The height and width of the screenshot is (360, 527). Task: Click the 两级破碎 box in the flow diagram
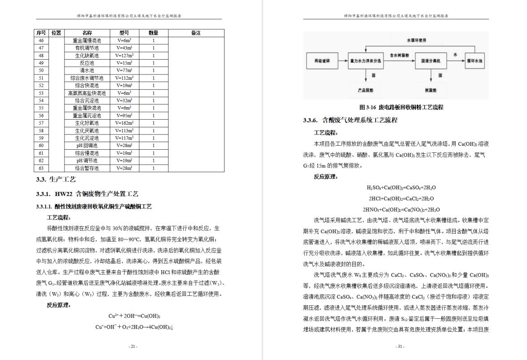(x=321, y=61)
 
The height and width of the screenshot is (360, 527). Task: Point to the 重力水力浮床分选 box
(x=365, y=61)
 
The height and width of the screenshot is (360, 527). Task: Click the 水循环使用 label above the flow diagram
(x=416, y=40)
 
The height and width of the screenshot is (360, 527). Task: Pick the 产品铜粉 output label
(x=365, y=90)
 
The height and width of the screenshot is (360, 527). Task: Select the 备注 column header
(x=196, y=33)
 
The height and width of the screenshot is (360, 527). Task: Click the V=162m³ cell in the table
(x=124, y=123)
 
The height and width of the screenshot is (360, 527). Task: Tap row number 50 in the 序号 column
(x=41, y=70)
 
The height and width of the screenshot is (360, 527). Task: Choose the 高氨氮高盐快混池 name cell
(x=87, y=93)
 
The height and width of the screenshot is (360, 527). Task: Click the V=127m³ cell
(x=124, y=56)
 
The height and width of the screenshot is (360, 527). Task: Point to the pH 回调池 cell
(x=87, y=145)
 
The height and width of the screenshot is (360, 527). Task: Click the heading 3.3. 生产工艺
(x=56, y=180)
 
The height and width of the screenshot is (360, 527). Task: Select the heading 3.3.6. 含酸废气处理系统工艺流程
(x=350, y=120)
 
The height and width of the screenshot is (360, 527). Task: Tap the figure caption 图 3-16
(x=401, y=108)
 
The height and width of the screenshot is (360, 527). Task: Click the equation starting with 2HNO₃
(x=401, y=209)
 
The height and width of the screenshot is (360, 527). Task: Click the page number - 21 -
(x=133, y=347)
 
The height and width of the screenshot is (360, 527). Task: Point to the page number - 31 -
(x=400, y=347)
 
